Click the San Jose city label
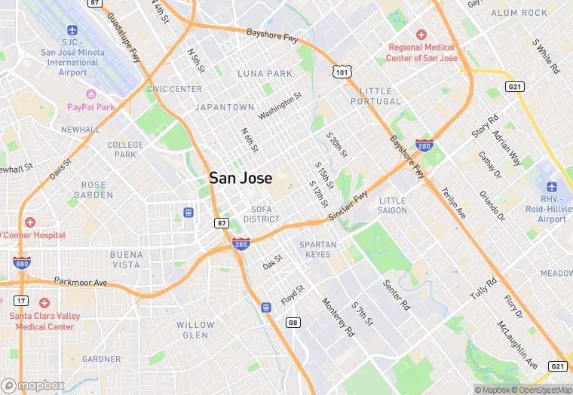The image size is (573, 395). (241, 178)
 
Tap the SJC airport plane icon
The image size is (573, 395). (73, 30)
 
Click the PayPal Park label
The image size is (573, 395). (91, 107)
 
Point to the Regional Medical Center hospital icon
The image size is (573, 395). (421, 35)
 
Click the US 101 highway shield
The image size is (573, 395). (341, 72)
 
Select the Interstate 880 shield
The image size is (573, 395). (22, 262)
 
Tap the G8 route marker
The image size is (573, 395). (293, 323)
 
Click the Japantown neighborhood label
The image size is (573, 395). (225, 107)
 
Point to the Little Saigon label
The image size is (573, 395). (392, 205)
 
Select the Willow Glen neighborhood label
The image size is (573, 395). (195, 330)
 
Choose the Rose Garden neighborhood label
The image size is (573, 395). (94, 190)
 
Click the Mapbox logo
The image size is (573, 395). (34, 385)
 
